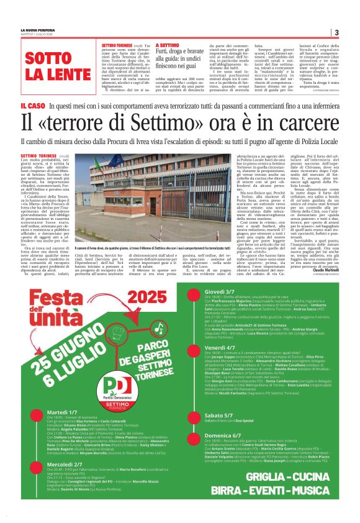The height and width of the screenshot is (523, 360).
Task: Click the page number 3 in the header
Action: (336, 32)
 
